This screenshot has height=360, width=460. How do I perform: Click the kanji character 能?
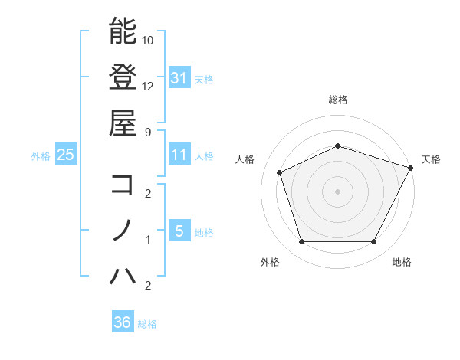click(x=123, y=31)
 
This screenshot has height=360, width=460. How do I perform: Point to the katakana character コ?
click(x=123, y=185)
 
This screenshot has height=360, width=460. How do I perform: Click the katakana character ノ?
click(x=123, y=231)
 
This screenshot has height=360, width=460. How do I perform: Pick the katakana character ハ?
click(x=123, y=277)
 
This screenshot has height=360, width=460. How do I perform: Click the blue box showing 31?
click(x=179, y=77)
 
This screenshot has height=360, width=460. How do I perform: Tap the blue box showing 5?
click(x=179, y=231)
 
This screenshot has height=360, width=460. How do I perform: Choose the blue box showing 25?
click(x=65, y=155)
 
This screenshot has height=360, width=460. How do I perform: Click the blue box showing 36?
click(x=123, y=322)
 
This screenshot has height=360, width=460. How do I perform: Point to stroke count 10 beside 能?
click(x=149, y=40)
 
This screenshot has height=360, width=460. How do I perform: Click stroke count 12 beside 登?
click(x=149, y=86)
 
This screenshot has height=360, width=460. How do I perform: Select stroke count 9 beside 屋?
click(x=149, y=132)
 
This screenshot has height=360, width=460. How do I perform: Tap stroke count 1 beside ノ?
click(x=149, y=240)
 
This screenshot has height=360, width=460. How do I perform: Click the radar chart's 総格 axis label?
click(x=337, y=100)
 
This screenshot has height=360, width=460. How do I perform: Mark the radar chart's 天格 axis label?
click(x=431, y=159)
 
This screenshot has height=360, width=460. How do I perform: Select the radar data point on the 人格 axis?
click(x=280, y=173)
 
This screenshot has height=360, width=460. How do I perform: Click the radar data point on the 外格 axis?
click(x=301, y=242)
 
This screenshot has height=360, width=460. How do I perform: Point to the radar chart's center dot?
click(x=337, y=191)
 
